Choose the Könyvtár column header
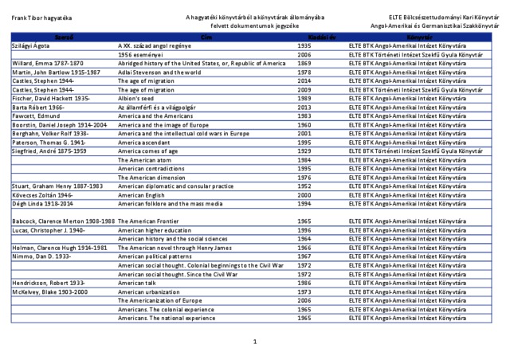point(419,37)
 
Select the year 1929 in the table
point(304,150)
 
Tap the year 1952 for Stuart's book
point(304,186)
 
